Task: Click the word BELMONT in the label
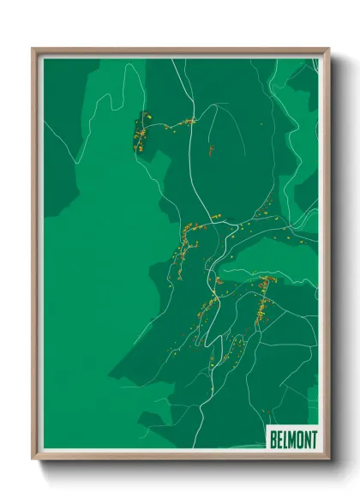[292, 440]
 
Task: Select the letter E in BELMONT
[279, 440]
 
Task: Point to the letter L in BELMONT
[285, 440]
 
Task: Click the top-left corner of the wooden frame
[33, 49]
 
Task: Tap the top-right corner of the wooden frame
[328, 49]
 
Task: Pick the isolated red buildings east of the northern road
[209, 151]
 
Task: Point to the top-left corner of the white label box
[267, 428]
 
